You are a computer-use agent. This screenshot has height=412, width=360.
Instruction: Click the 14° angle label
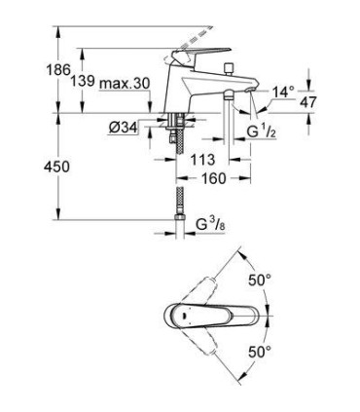[x=282, y=92]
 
